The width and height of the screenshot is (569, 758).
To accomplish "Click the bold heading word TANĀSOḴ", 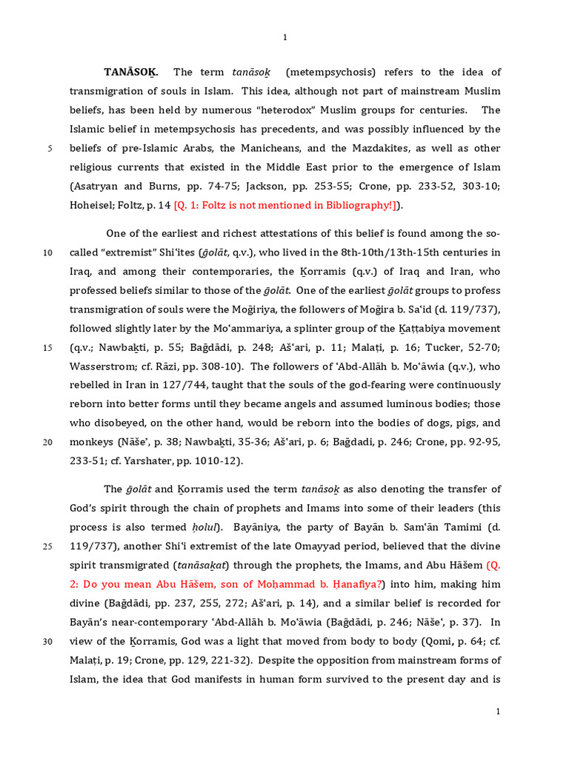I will point(136,72).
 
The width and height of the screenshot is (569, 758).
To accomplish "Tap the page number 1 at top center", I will point(284,38).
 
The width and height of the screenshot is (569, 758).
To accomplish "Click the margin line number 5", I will point(50,148).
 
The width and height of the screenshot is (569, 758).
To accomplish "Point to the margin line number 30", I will point(47,641).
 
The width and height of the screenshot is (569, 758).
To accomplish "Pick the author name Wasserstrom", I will point(107,366).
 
